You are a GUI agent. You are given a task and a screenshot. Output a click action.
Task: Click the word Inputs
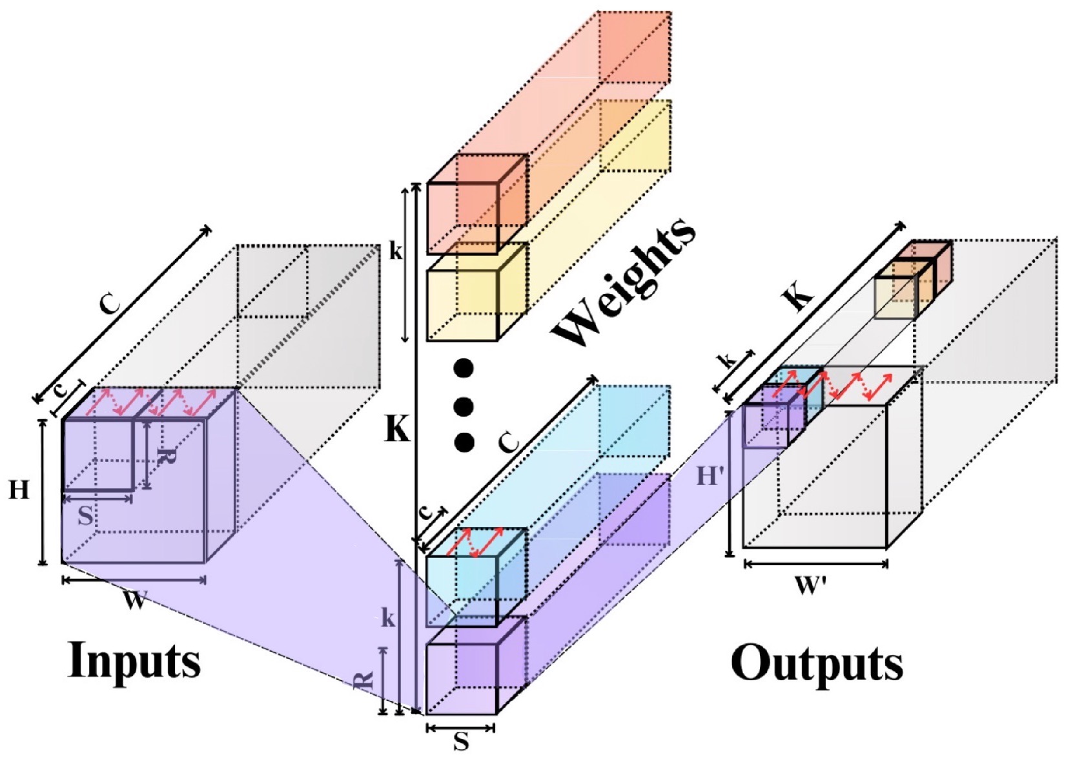tap(134, 660)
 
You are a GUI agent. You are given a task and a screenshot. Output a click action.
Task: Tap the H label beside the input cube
tap(19, 491)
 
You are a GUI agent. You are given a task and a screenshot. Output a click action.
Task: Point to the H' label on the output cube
tap(710, 477)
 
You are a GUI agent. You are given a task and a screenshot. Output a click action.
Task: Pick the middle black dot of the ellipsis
tap(464, 406)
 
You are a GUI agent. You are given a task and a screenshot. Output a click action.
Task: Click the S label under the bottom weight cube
tap(461, 742)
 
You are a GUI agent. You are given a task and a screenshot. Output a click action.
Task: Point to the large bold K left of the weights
tap(397, 428)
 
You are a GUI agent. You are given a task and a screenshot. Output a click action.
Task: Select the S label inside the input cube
tap(85, 515)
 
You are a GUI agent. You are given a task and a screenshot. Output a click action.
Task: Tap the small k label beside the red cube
tap(395, 252)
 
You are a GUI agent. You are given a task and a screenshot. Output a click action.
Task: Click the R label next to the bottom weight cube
tap(364, 679)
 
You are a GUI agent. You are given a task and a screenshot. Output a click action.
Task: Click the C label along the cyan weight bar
tap(509, 442)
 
